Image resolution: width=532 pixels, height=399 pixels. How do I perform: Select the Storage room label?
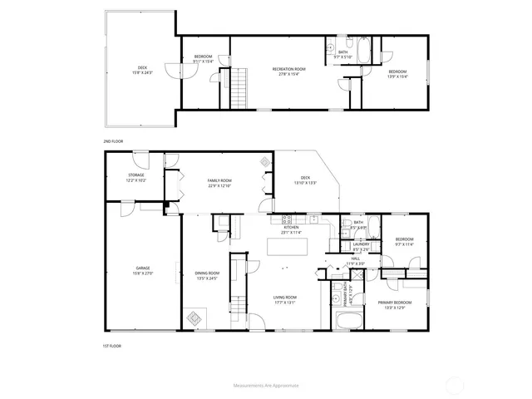(136, 176)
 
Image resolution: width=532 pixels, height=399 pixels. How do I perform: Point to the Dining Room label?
(207, 274)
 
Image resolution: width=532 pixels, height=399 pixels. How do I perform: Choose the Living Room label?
(285, 298)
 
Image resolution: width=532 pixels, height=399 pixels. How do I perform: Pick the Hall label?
(355, 261)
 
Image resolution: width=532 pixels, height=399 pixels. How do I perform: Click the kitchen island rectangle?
(287, 246)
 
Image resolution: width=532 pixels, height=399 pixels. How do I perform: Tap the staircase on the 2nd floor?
(240, 85)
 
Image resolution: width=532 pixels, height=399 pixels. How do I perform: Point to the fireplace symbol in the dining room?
(195, 318)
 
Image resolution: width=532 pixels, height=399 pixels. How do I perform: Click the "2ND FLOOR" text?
(113, 141)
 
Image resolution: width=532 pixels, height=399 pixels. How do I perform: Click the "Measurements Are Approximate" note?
(266, 386)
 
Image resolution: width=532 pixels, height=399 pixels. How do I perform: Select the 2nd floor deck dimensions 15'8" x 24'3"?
(141, 71)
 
